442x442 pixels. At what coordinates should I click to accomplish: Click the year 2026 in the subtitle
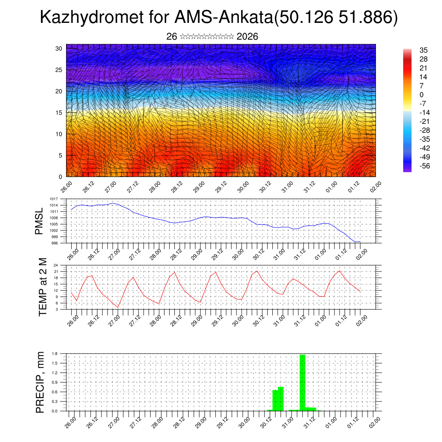tap(247, 37)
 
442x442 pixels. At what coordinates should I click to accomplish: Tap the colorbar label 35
tap(423, 51)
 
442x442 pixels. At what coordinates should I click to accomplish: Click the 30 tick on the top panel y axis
tap(59, 48)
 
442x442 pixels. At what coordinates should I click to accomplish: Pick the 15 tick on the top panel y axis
tap(59, 113)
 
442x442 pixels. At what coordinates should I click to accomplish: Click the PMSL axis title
tap(39, 221)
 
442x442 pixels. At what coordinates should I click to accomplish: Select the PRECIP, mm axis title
tap(40, 382)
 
